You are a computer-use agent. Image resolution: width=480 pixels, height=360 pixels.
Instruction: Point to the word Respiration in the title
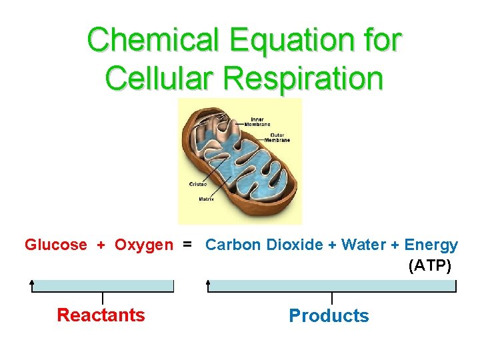point(303,79)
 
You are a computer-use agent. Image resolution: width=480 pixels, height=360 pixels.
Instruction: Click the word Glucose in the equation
point(56,245)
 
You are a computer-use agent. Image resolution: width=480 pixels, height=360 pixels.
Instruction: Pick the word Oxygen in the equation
point(143,245)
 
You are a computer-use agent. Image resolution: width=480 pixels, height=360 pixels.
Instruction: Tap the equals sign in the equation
point(188,245)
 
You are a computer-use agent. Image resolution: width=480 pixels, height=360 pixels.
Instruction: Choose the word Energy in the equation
point(431,245)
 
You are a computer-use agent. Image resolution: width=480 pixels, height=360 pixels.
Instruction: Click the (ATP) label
point(429,266)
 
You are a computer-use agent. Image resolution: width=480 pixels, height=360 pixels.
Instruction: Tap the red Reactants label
point(101,315)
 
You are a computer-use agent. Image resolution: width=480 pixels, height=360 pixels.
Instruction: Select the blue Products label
point(329,315)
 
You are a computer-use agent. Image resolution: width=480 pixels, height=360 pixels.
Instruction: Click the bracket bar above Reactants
point(103,286)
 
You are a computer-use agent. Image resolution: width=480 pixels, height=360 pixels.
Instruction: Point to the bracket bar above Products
point(332,286)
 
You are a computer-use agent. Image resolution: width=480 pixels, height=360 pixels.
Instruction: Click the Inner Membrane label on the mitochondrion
point(257,122)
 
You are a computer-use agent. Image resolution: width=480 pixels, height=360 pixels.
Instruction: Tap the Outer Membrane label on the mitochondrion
point(277,137)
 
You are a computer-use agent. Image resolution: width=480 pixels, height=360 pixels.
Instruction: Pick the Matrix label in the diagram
point(206,199)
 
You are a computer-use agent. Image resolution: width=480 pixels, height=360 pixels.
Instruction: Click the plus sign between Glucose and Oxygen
point(101,245)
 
